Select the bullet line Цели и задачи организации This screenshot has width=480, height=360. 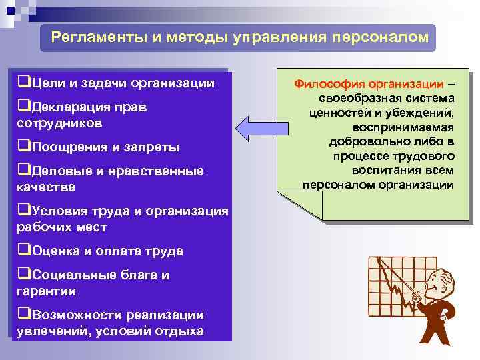tap(116, 83)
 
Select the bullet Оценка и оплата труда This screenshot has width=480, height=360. tap(100, 251)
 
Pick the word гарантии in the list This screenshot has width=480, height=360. tap(46, 291)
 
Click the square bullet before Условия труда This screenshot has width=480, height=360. tap(21, 211)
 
